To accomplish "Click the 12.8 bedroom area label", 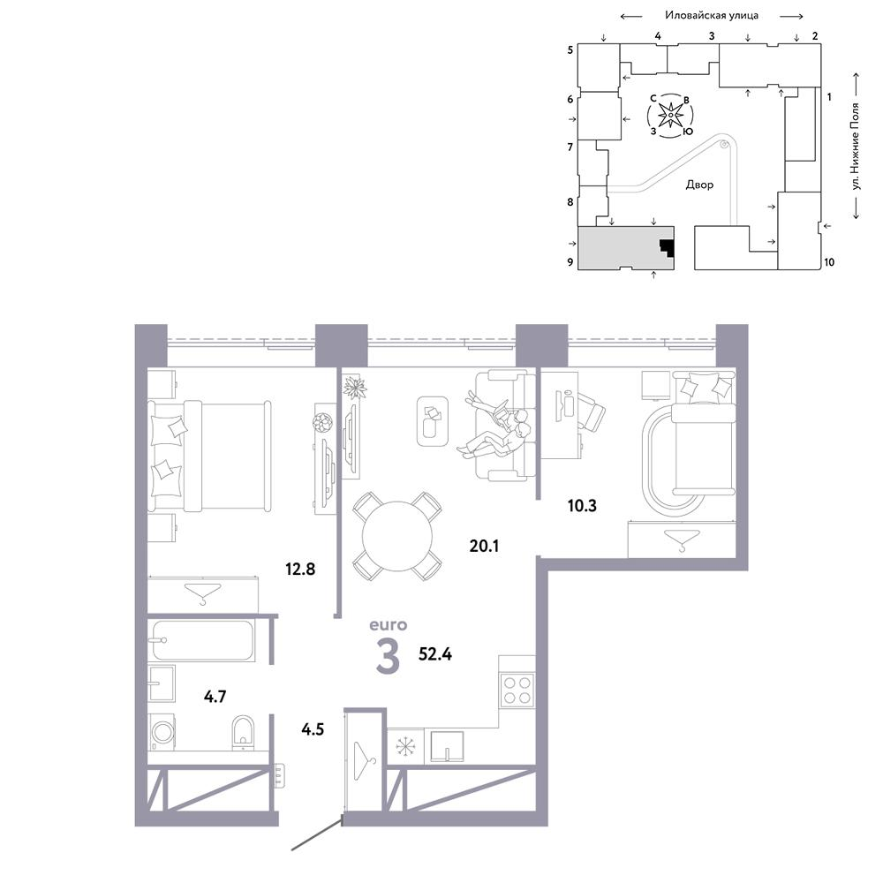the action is pyautogui.click(x=300, y=569).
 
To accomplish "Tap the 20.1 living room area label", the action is pyautogui.click(x=484, y=546).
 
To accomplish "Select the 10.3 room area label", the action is pyautogui.click(x=582, y=505).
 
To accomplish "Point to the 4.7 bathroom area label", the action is pyautogui.click(x=215, y=697).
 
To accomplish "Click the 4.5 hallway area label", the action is pyautogui.click(x=313, y=729).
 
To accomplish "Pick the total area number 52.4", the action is pyautogui.click(x=435, y=654).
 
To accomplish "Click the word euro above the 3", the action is pyautogui.click(x=388, y=624).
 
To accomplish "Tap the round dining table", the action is pyautogui.click(x=397, y=536).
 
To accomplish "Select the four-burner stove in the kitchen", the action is pyautogui.click(x=517, y=690).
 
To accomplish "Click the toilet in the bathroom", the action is pyautogui.click(x=244, y=732).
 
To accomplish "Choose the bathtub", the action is pyautogui.click(x=202, y=640).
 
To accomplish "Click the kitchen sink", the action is pyautogui.click(x=447, y=747).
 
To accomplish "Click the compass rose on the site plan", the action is pyautogui.click(x=671, y=116).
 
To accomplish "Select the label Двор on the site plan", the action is pyautogui.click(x=699, y=185).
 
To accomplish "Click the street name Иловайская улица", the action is pyautogui.click(x=711, y=15).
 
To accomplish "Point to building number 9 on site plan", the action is pyautogui.click(x=570, y=261).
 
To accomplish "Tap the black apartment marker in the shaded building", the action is pyautogui.click(x=668, y=248).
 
